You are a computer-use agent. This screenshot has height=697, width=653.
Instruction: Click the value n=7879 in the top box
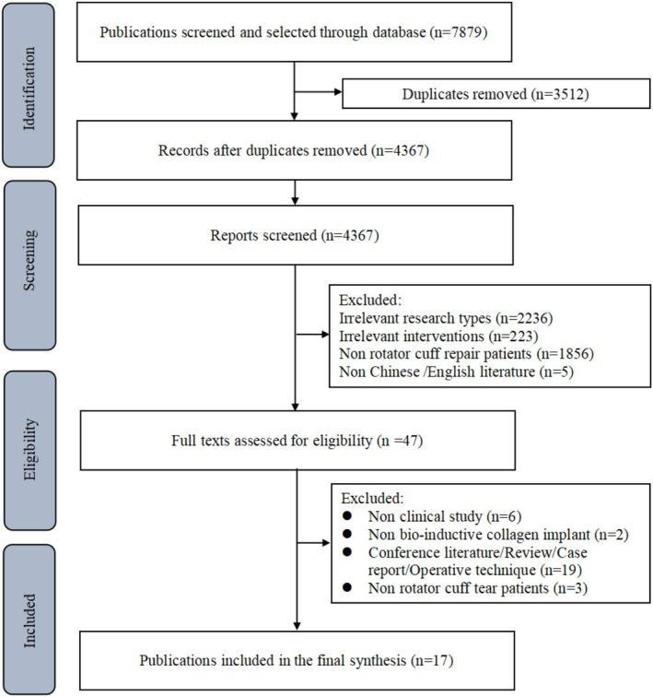(462, 35)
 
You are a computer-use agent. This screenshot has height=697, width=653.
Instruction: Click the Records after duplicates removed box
(292, 150)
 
